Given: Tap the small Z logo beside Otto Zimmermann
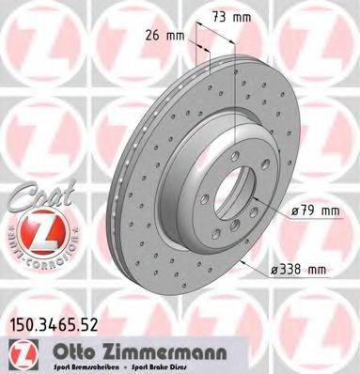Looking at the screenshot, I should (19, 351).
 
